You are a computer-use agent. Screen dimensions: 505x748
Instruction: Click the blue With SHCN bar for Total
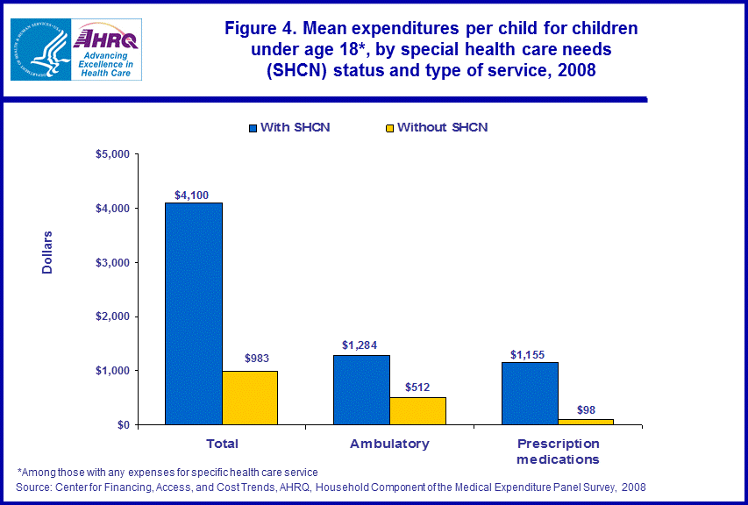tap(194, 313)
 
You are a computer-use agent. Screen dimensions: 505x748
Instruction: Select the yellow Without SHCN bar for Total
tap(250, 397)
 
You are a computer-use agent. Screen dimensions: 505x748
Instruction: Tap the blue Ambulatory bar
tap(361, 389)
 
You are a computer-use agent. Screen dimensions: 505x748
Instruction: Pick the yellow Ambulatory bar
tap(417, 410)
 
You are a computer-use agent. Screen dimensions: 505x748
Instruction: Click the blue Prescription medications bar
tap(530, 393)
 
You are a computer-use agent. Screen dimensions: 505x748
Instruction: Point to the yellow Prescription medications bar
tap(586, 422)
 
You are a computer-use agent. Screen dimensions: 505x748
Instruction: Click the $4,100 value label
tap(191, 196)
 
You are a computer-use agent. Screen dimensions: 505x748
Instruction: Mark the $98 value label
tap(585, 410)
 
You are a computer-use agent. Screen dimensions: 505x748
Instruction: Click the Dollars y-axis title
tap(48, 252)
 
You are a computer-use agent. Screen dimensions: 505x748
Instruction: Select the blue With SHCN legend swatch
tap(253, 128)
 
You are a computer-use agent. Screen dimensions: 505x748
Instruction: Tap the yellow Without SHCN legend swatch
tap(389, 128)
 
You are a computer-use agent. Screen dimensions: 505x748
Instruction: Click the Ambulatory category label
tap(389, 444)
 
